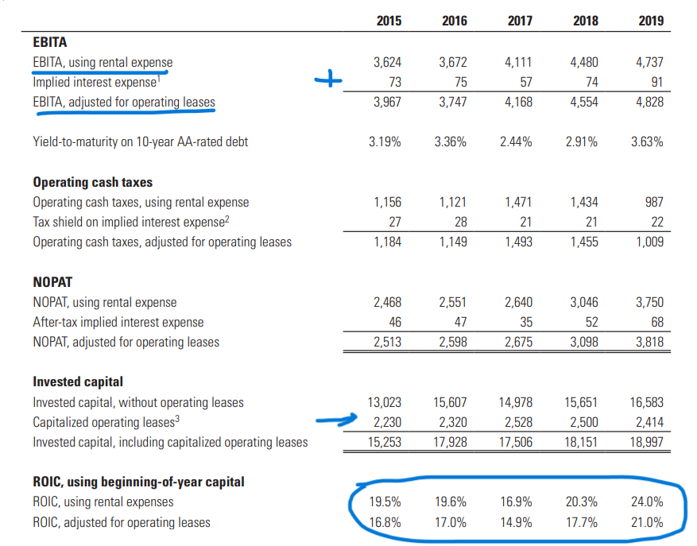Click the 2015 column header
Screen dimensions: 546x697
[388, 21]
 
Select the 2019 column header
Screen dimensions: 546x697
[650, 21]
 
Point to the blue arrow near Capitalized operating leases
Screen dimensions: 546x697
[332, 420]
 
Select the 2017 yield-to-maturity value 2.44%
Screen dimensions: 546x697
[518, 142]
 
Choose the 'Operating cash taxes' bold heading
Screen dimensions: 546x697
[92, 182]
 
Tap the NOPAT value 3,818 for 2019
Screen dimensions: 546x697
[649, 343]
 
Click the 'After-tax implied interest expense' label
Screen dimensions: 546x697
[118, 322]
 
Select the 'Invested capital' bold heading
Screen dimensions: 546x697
[77, 382]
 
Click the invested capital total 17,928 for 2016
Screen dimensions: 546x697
[452, 442]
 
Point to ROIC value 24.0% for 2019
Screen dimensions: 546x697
[648, 502]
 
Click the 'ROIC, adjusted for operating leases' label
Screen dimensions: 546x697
[122, 522]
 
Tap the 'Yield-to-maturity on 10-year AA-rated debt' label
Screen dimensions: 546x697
[140, 142]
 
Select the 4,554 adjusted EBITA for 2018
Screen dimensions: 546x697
[583, 102]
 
